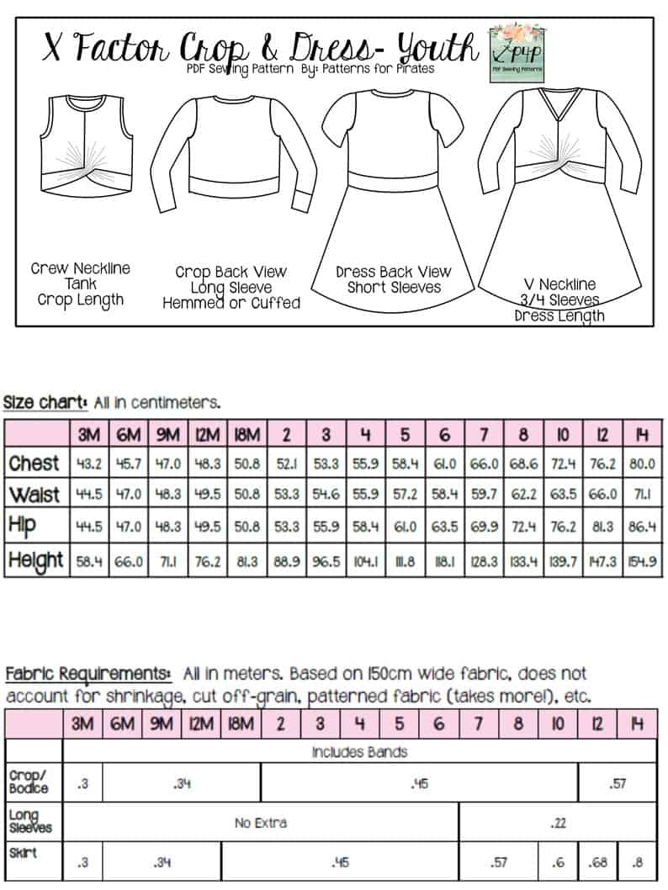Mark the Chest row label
(x=34, y=464)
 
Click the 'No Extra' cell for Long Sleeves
(x=260, y=822)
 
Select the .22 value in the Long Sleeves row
(x=557, y=822)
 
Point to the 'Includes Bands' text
(x=359, y=751)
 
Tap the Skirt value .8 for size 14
(x=637, y=862)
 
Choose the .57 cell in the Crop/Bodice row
(x=617, y=784)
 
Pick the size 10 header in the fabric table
(x=559, y=723)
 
